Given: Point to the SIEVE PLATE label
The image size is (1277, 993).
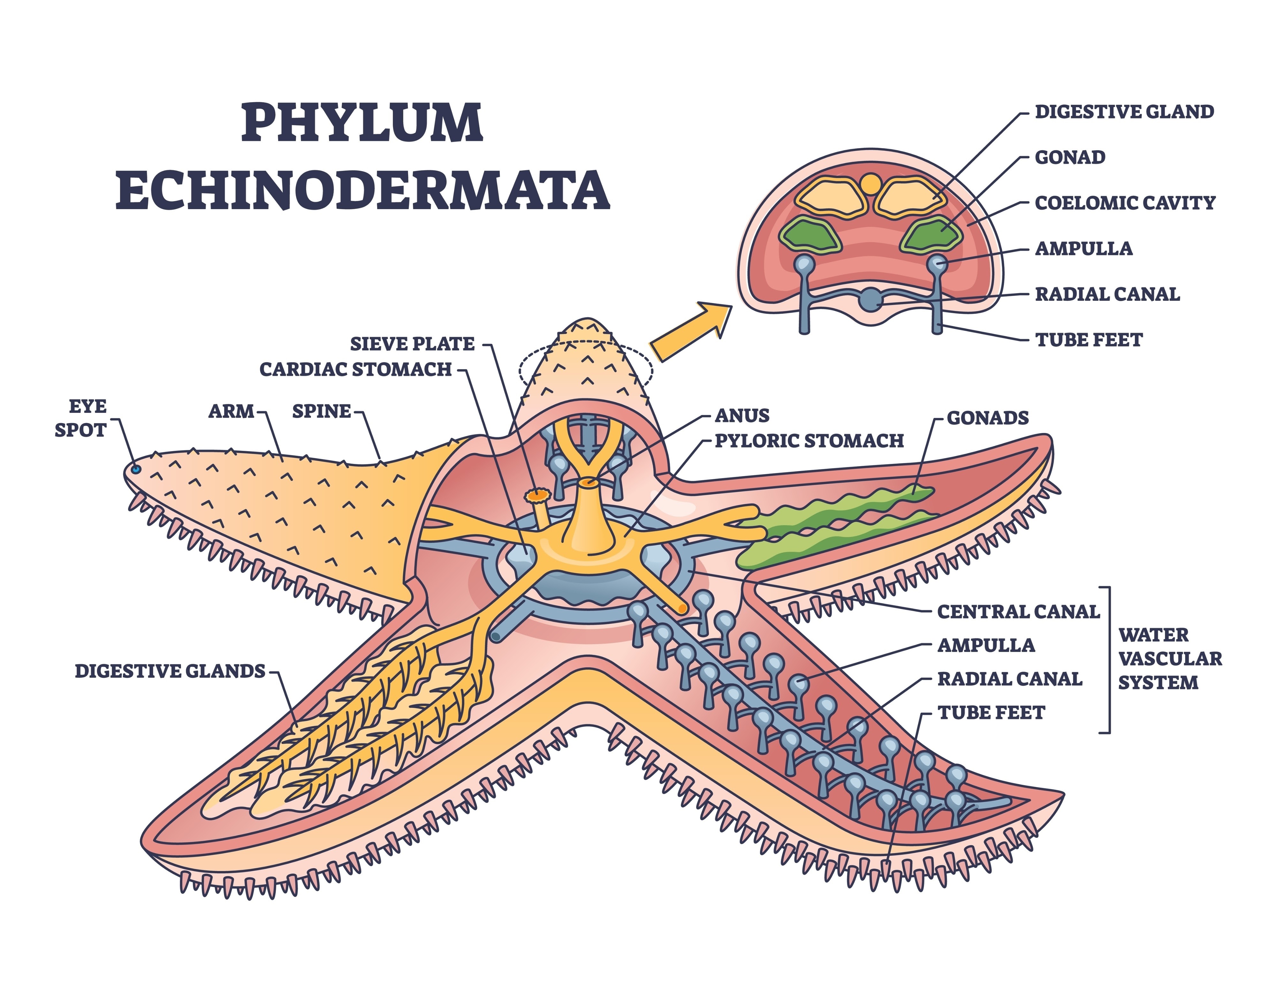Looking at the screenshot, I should (x=412, y=344).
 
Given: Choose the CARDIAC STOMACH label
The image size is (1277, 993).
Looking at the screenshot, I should (x=355, y=370).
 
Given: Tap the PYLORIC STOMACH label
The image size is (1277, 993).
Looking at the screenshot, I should (x=809, y=440).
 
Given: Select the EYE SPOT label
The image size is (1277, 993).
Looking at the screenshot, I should (x=81, y=418).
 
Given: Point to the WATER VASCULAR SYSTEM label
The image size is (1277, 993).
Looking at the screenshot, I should (x=1169, y=658).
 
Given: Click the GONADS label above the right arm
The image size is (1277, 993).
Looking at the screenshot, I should (x=988, y=418).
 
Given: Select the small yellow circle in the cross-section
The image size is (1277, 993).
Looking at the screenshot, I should (x=870, y=184).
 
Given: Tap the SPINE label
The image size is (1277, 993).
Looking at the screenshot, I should (x=321, y=411).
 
